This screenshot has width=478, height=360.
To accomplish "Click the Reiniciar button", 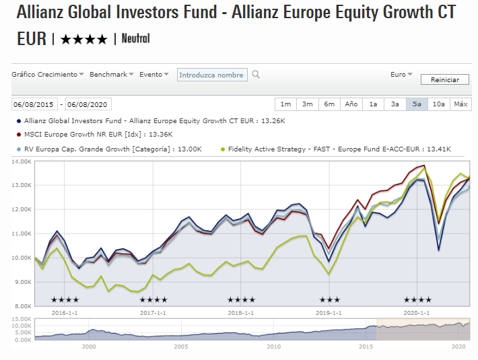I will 444,79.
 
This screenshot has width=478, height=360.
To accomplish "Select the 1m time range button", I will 285,104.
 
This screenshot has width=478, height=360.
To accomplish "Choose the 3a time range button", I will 395,104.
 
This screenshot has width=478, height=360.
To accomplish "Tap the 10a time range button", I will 438,104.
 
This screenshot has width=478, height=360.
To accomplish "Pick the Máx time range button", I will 460,104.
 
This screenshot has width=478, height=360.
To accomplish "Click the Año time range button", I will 351,104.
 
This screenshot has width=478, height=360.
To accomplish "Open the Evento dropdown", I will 154,75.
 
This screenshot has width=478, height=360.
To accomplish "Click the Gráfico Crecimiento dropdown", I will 48,75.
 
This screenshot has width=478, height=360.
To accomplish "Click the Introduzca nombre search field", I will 213,75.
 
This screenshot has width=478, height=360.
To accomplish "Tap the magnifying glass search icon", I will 256,75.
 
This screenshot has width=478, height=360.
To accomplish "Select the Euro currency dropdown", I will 401,75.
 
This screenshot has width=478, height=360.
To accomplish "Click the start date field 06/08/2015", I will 34,104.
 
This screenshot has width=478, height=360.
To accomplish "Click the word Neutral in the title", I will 136,39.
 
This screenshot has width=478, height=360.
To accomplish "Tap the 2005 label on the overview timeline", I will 181,347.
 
